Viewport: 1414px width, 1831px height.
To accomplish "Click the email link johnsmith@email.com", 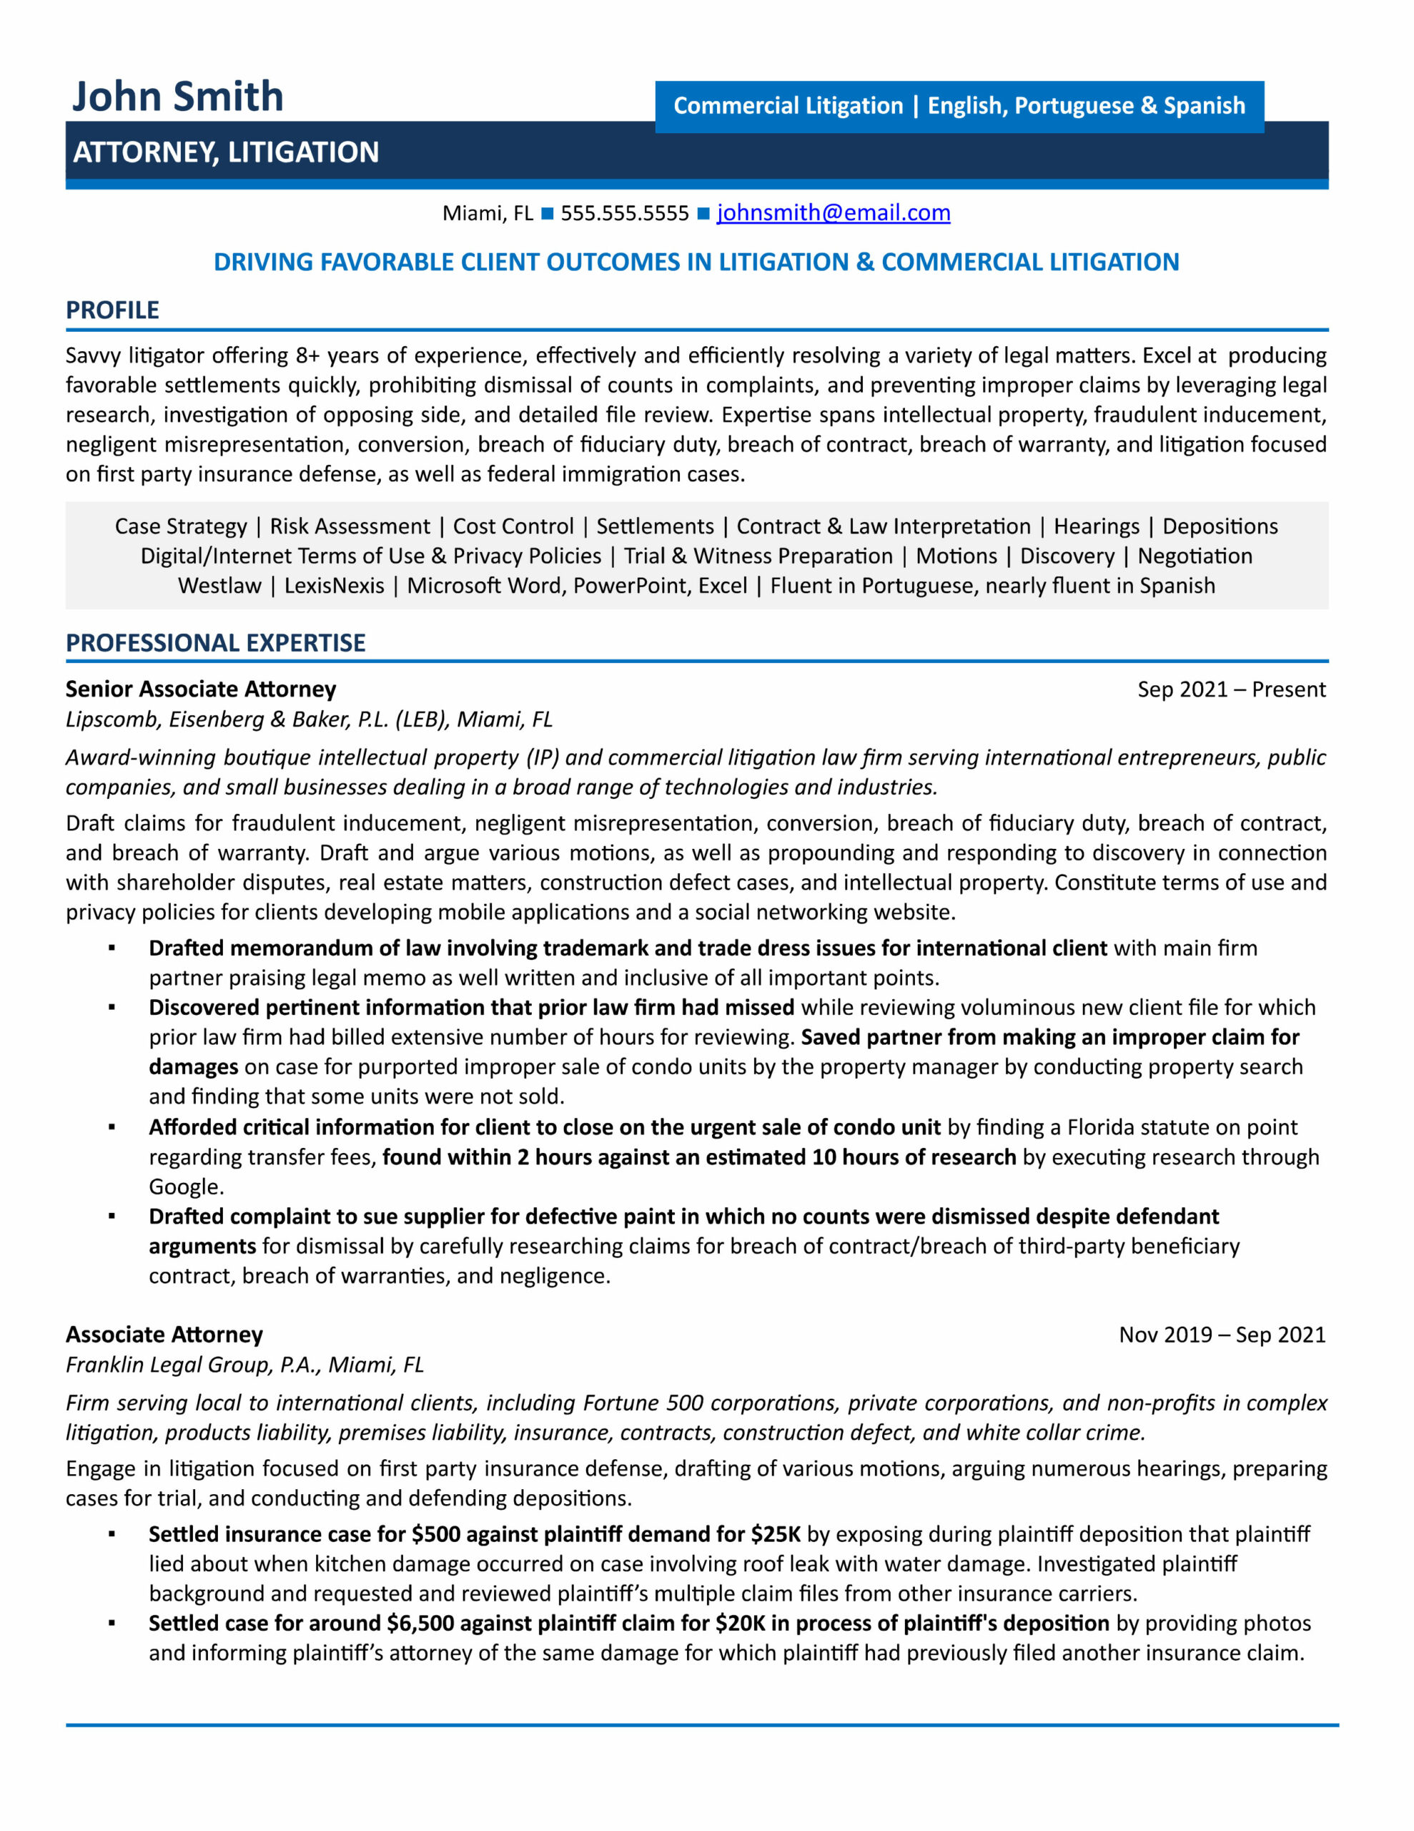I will click(x=832, y=213).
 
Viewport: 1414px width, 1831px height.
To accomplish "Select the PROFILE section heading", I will click(x=112, y=310).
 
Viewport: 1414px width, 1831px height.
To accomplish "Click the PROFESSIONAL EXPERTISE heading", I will click(x=215, y=643).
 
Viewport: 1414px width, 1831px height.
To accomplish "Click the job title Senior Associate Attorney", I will click(x=200, y=689).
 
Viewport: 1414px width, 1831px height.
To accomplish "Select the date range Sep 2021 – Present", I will click(x=1230, y=690).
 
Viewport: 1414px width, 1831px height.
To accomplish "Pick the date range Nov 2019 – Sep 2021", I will click(x=1221, y=1335).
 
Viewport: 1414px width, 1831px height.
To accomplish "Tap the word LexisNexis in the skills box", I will click(x=334, y=586).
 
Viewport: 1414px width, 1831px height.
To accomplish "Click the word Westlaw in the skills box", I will click(x=219, y=586).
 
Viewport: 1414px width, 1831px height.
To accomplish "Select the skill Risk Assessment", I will click(x=350, y=526).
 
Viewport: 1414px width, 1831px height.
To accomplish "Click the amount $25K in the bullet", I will click(x=776, y=1534).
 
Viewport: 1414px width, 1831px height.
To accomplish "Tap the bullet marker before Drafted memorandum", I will click(x=112, y=948).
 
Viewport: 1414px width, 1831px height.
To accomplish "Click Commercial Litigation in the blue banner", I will click(x=788, y=107).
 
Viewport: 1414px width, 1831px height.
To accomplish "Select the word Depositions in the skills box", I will click(x=1220, y=526).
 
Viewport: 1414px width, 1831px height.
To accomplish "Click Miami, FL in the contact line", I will click(x=487, y=214).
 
